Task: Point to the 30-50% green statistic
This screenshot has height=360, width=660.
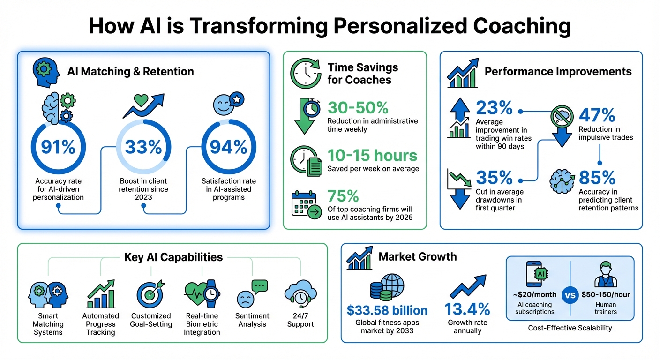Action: tap(358, 108)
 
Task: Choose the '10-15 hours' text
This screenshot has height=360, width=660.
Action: tap(372, 155)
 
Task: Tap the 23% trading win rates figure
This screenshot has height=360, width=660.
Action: tap(494, 108)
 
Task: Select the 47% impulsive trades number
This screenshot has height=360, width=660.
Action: tap(597, 115)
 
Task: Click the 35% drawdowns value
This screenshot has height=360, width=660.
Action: tap(494, 178)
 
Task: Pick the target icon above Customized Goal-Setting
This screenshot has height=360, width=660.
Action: tap(150, 293)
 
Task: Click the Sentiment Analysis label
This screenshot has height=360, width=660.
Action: tap(252, 320)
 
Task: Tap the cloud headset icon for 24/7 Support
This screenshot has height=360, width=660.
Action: tap(300, 293)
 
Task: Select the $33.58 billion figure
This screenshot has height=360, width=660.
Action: tap(387, 310)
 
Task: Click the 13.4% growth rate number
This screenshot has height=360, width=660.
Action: tap(467, 309)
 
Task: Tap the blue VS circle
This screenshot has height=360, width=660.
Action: tap(570, 296)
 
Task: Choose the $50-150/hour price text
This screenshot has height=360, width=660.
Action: tap(606, 295)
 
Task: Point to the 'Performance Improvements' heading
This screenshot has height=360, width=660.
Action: tap(558, 71)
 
